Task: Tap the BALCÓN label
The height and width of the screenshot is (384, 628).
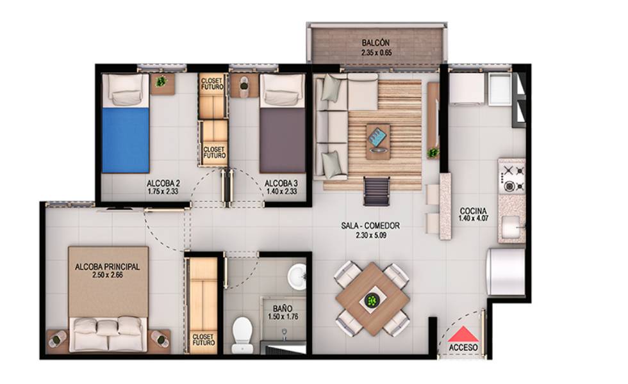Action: pos(376,43)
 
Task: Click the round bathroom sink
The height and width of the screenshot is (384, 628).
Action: pos(297,276)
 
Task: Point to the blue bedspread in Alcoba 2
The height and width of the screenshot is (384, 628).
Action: pos(126,140)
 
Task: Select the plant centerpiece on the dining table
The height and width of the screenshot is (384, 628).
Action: pos(372,300)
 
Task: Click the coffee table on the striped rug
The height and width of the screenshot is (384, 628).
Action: pos(378,141)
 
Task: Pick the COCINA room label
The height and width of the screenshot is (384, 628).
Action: pos(473,211)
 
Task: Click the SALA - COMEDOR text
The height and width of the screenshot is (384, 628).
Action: pos(370,226)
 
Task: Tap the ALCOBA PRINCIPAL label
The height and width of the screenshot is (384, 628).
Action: pos(108,266)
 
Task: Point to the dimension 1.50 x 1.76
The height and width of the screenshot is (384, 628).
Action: pos(283,316)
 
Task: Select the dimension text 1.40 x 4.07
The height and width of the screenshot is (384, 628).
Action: pos(473,218)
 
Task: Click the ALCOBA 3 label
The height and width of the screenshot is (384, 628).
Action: pos(281,184)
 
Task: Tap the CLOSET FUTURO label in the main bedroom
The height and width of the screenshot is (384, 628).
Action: pos(204,340)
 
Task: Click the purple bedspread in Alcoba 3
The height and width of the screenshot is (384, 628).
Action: pos(283,140)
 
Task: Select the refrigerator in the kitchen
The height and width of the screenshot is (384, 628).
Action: pos(506,271)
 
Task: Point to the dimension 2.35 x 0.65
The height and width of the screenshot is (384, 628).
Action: pos(376,52)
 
